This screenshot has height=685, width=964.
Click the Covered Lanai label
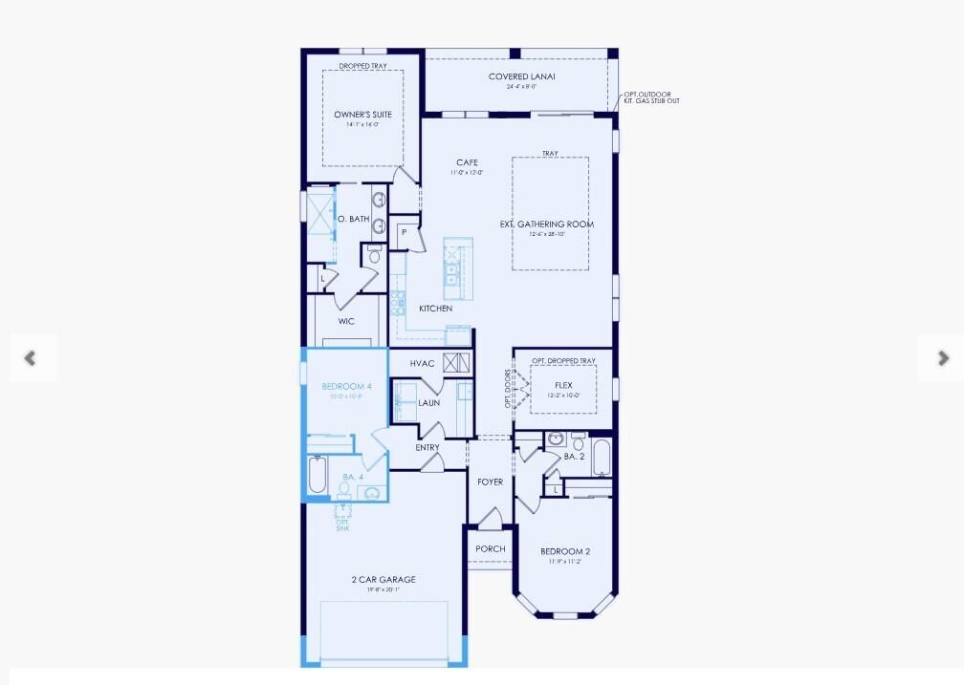(521, 77)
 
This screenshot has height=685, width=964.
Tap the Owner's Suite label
(362, 115)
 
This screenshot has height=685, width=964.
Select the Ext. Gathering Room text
(547, 225)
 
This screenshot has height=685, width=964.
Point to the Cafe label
(467, 163)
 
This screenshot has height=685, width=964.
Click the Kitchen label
(435, 309)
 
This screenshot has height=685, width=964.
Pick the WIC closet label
(346, 321)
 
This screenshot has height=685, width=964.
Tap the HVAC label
(423, 364)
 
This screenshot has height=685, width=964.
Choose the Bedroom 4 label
(343, 387)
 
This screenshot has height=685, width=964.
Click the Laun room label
(429, 403)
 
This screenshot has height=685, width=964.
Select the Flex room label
(563, 386)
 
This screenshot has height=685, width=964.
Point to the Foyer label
(490, 482)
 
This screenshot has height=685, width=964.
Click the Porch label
(490, 549)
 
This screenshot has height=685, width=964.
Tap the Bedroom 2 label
(565, 552)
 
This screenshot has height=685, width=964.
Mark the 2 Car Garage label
(383, 580)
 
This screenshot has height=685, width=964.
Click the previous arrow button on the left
(31, 358)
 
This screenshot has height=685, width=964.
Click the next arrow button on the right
(942, 358)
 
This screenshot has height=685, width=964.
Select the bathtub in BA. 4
(318, 474)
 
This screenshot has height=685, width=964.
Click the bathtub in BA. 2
(601, 456)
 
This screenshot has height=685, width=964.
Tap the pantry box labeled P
(405, 233)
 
